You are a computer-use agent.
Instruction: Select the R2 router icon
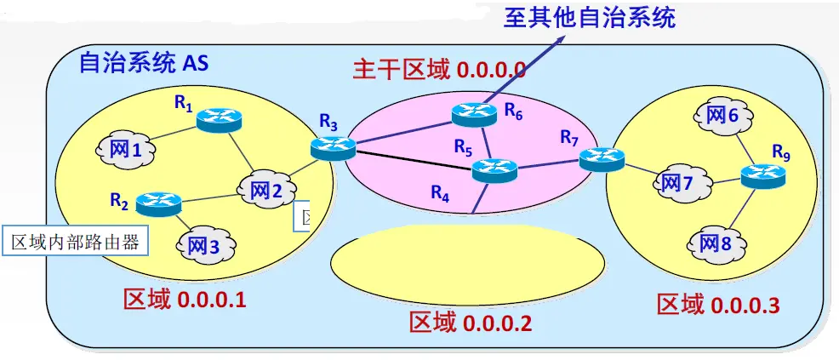[159, 203]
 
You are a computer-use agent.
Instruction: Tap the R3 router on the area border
[332, 147]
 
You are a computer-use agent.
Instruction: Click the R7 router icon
[602, 157]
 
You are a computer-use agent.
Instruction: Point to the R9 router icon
[762, 176]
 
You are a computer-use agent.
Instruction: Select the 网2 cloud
[265, 191]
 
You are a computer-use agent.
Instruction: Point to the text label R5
[462, 147]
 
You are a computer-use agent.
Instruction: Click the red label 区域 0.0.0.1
[185, 300]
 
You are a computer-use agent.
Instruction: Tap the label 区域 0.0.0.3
[718, 305]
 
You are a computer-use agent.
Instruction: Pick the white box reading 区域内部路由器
[74, 242]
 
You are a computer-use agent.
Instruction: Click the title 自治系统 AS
[143, 64]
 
